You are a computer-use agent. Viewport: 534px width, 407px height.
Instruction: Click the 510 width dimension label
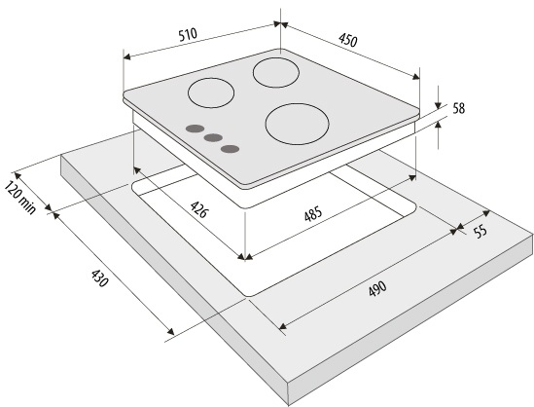[x=188, y=35]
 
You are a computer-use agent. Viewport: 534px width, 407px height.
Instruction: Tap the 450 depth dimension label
[x=347, y=40]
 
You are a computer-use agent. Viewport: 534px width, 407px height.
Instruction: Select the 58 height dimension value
[x=459, y=109]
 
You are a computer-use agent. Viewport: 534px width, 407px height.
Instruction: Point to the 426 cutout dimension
[x=198, y=209]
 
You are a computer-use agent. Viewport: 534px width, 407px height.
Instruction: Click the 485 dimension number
[x=313, y=214]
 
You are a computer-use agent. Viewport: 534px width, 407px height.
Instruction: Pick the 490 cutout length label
[x=377, y=289]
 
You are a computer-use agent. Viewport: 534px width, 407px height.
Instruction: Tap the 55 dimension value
[x=481, y=232]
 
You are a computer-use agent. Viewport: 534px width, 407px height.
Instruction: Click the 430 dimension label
[x=99, y=278]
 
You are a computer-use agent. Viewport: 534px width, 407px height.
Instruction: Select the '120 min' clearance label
[x=20, y=198]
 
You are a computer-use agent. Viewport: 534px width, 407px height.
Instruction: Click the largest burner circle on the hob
[x=298, y=124]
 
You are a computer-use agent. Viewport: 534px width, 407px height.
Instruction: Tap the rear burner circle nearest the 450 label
[x=276, y=73]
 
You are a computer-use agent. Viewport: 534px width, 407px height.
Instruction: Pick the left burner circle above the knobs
[x=211, y=93]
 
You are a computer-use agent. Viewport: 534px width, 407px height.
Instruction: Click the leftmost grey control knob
[x=195, y=129]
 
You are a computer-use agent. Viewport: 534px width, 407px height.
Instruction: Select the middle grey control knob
[x=213, y=137]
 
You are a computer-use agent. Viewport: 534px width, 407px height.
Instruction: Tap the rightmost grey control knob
[x=230, y=149]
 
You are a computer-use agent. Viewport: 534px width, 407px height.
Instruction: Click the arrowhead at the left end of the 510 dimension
[x=126, y=56]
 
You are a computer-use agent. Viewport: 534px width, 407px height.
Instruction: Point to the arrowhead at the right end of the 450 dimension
[x=416, y=77]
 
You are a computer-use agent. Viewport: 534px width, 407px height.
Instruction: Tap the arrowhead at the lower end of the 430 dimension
[x=170, y=331]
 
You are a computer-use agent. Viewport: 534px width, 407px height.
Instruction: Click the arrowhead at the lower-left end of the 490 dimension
[x=283, y=326]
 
